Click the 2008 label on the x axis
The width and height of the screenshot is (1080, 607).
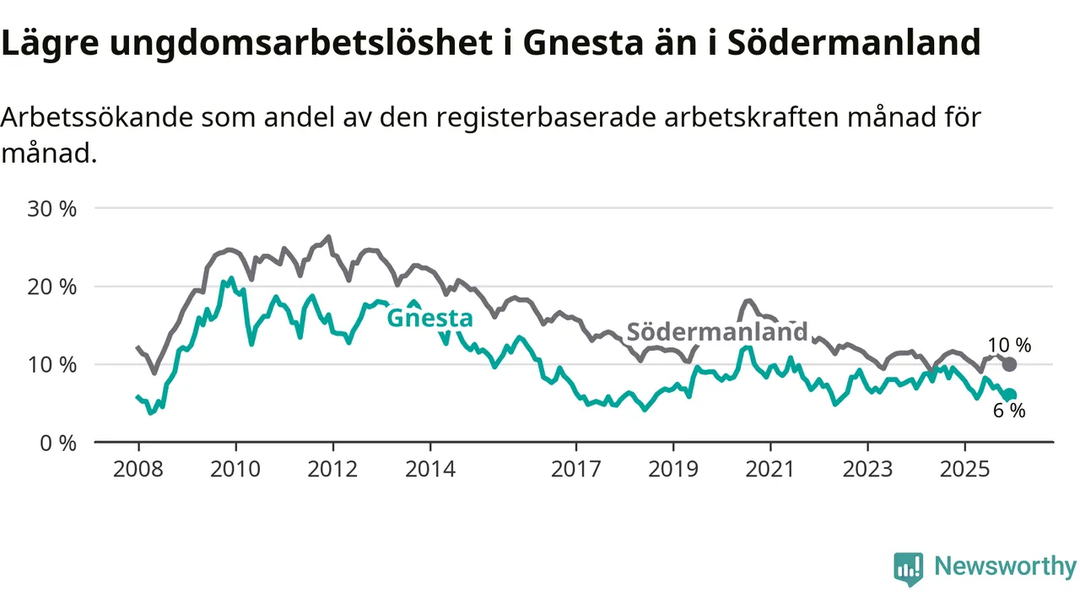138,469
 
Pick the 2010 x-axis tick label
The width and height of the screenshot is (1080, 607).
235,469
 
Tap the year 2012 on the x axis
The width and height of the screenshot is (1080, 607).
332,469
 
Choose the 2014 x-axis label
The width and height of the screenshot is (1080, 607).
429,469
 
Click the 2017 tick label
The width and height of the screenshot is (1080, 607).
576,469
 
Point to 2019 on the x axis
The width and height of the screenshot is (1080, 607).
673,469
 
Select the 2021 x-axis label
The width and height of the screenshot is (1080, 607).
770,469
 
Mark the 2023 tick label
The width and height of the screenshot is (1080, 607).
867,469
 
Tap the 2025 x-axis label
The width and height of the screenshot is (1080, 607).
964,469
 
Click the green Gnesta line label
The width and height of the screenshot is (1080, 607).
429,319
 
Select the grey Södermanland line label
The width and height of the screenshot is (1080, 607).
716,331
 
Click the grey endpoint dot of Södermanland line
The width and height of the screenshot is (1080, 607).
1009,364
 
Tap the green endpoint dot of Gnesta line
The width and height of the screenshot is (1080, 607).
1009,395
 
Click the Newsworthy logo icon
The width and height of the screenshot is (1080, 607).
908,568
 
